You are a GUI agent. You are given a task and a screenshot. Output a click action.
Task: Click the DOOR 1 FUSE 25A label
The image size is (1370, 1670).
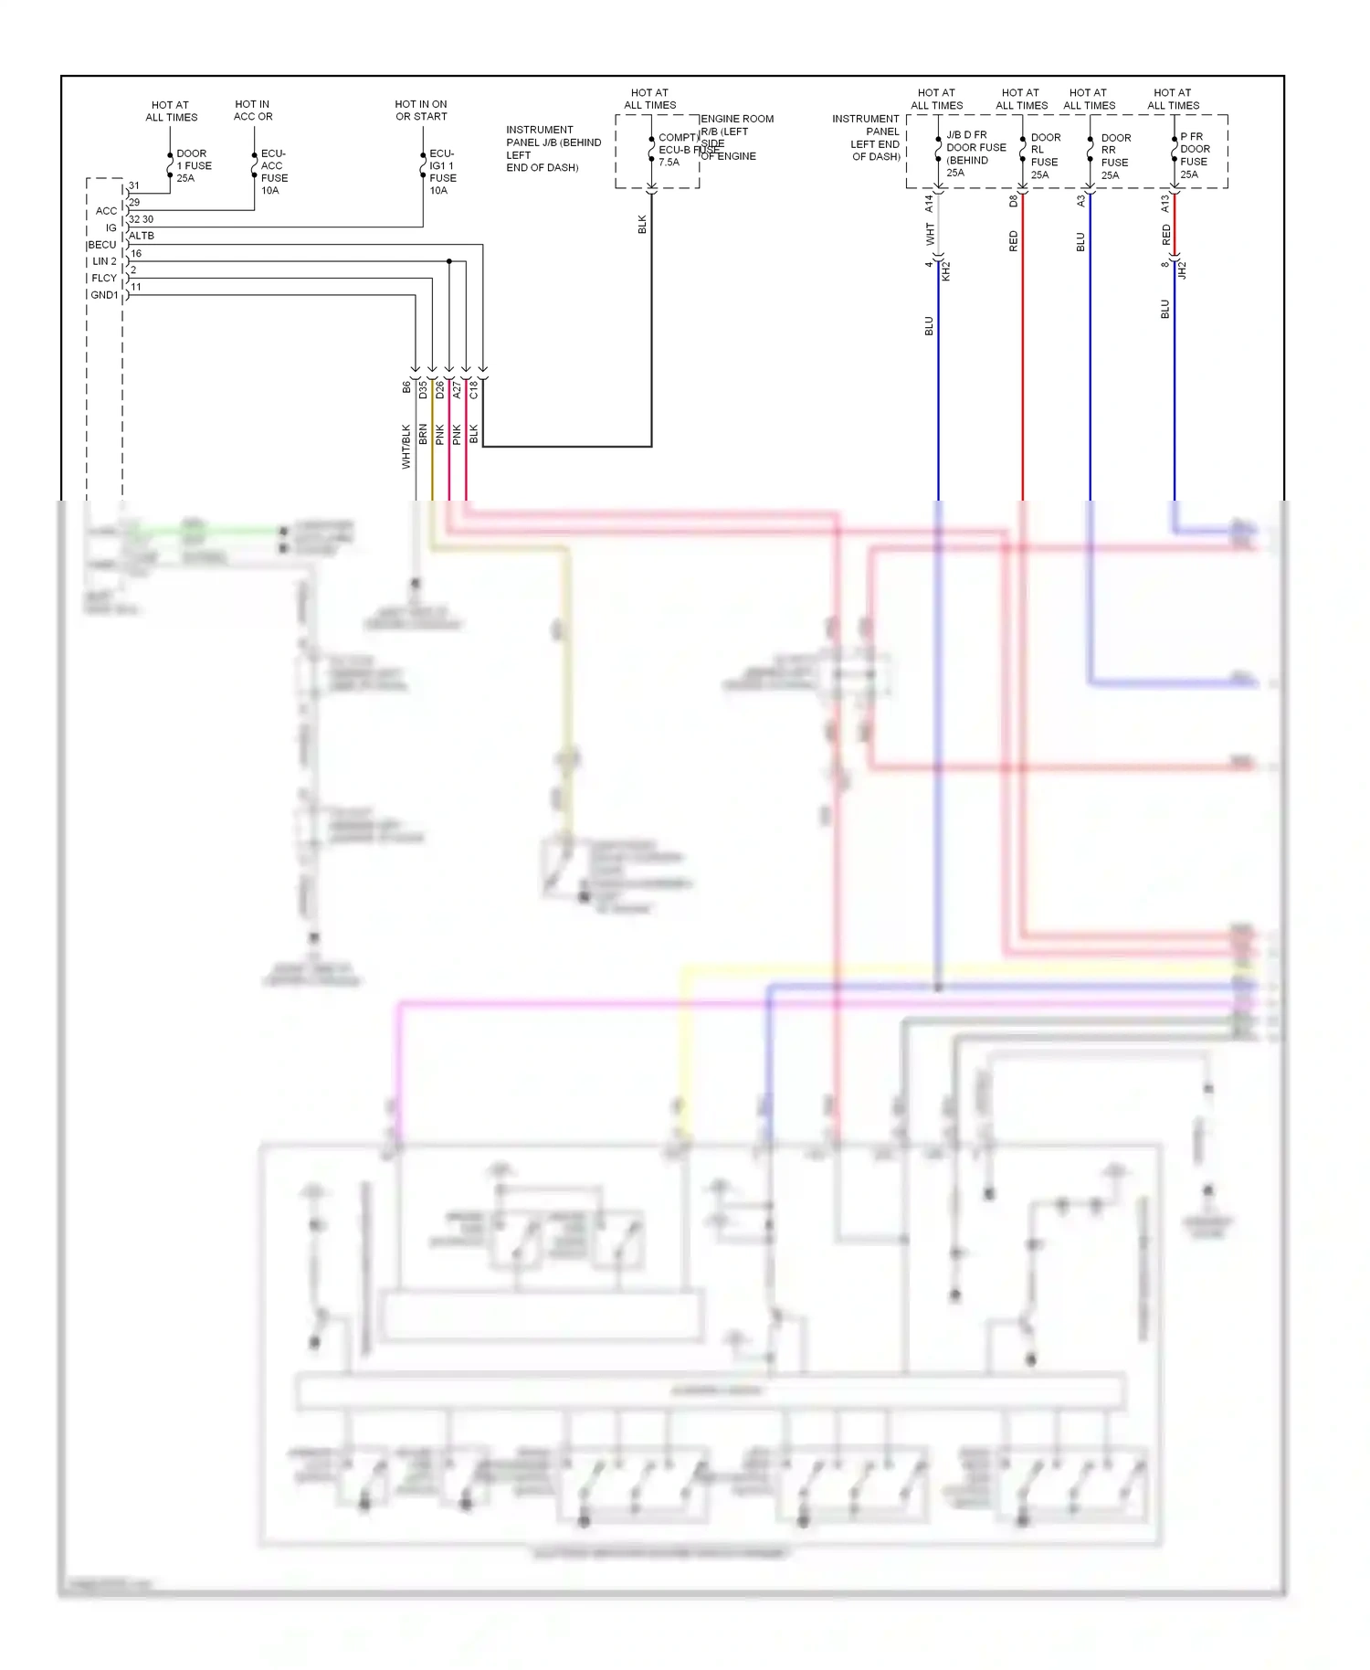click(x=194, y=166)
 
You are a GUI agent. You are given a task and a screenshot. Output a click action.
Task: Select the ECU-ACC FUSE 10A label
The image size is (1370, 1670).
click(x=273, y=172)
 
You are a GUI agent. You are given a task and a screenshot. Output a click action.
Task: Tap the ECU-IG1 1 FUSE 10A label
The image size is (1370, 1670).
click(x=442, y=172)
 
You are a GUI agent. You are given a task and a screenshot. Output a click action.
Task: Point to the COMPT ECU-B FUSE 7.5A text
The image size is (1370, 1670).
click(x=678, y=150)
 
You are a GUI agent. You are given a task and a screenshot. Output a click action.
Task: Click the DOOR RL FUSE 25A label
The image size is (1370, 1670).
click(x=1045, y=156)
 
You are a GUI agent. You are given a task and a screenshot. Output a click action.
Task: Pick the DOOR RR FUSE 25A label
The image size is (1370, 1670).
click(x=1114, y=156)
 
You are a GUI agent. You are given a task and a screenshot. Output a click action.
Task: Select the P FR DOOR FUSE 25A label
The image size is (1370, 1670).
click(x=1194, y=155)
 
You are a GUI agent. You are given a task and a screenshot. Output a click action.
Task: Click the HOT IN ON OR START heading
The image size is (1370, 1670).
click(x=421, y=111)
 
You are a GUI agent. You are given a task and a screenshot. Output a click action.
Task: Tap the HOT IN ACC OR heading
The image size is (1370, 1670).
click(x=253, y=111)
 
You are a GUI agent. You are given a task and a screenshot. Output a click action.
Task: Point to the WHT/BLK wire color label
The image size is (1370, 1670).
click(x=406, y=447)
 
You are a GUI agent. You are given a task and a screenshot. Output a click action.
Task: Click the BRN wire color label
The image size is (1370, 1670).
click(x=423, y=435)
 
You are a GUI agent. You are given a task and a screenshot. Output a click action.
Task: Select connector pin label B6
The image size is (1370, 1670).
click(x=406, y=387)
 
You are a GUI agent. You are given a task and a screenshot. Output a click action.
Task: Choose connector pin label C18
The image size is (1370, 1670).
click(x=474, y=390)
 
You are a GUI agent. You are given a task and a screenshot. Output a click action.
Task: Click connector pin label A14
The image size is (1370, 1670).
click(x=929, y=204)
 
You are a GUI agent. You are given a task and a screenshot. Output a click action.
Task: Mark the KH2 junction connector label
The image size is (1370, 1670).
click(x=946, y=270)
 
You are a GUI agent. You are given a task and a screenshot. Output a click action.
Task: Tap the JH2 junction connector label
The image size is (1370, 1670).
click(x=1182, y=270)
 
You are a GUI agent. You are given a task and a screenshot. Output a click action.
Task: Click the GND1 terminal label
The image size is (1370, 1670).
click(x=104, y=295)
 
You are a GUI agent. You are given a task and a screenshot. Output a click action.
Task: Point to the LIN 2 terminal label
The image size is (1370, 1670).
click(x=104, y=261)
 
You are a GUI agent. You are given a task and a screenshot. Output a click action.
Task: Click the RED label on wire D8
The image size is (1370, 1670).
click(x=1013, y=241)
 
